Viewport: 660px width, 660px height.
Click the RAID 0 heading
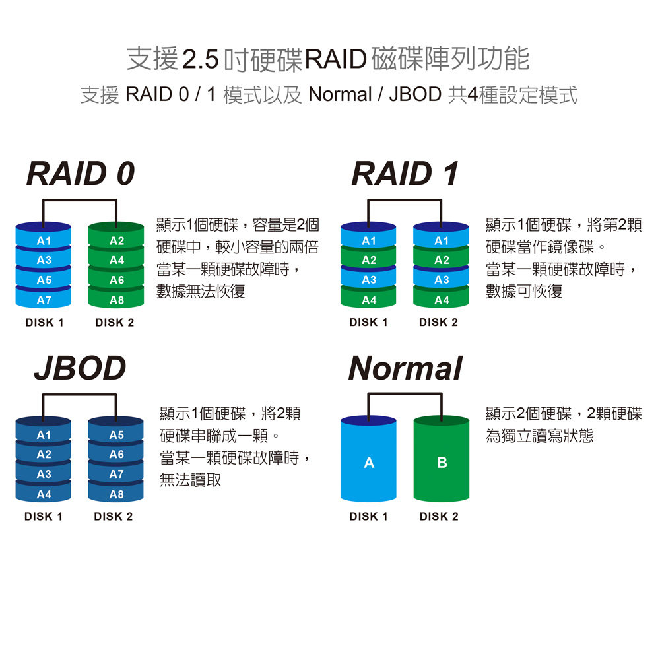[x=81, y=174]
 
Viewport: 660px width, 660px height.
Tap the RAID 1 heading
[x=405, y=174]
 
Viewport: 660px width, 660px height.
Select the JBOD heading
[x=80, y=368]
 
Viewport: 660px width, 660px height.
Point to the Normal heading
[x=405, y=368]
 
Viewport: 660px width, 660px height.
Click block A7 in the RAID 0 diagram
[x=44, y=300]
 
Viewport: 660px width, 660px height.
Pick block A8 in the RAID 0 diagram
[x=116, y=300]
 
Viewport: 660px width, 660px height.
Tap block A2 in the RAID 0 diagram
[x=116, y=242]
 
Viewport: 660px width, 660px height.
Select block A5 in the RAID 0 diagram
[x=44, y=280]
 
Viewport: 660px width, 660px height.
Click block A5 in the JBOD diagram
[x=116, y=436]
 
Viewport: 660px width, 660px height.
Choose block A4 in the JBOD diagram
[x=44, y=494]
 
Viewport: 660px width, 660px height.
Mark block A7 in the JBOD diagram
[x=116, y=475]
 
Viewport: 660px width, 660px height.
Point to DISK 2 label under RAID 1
[x=438, y=323]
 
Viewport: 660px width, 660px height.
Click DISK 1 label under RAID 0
[x=44, y=323]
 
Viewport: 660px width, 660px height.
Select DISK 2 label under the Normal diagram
[x=438, y=517]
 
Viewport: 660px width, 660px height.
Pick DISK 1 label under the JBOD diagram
[x=44, y=517]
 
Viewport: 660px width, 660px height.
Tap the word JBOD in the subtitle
[x=414, y=94]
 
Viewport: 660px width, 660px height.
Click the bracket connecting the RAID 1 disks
[x=405, y=200]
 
